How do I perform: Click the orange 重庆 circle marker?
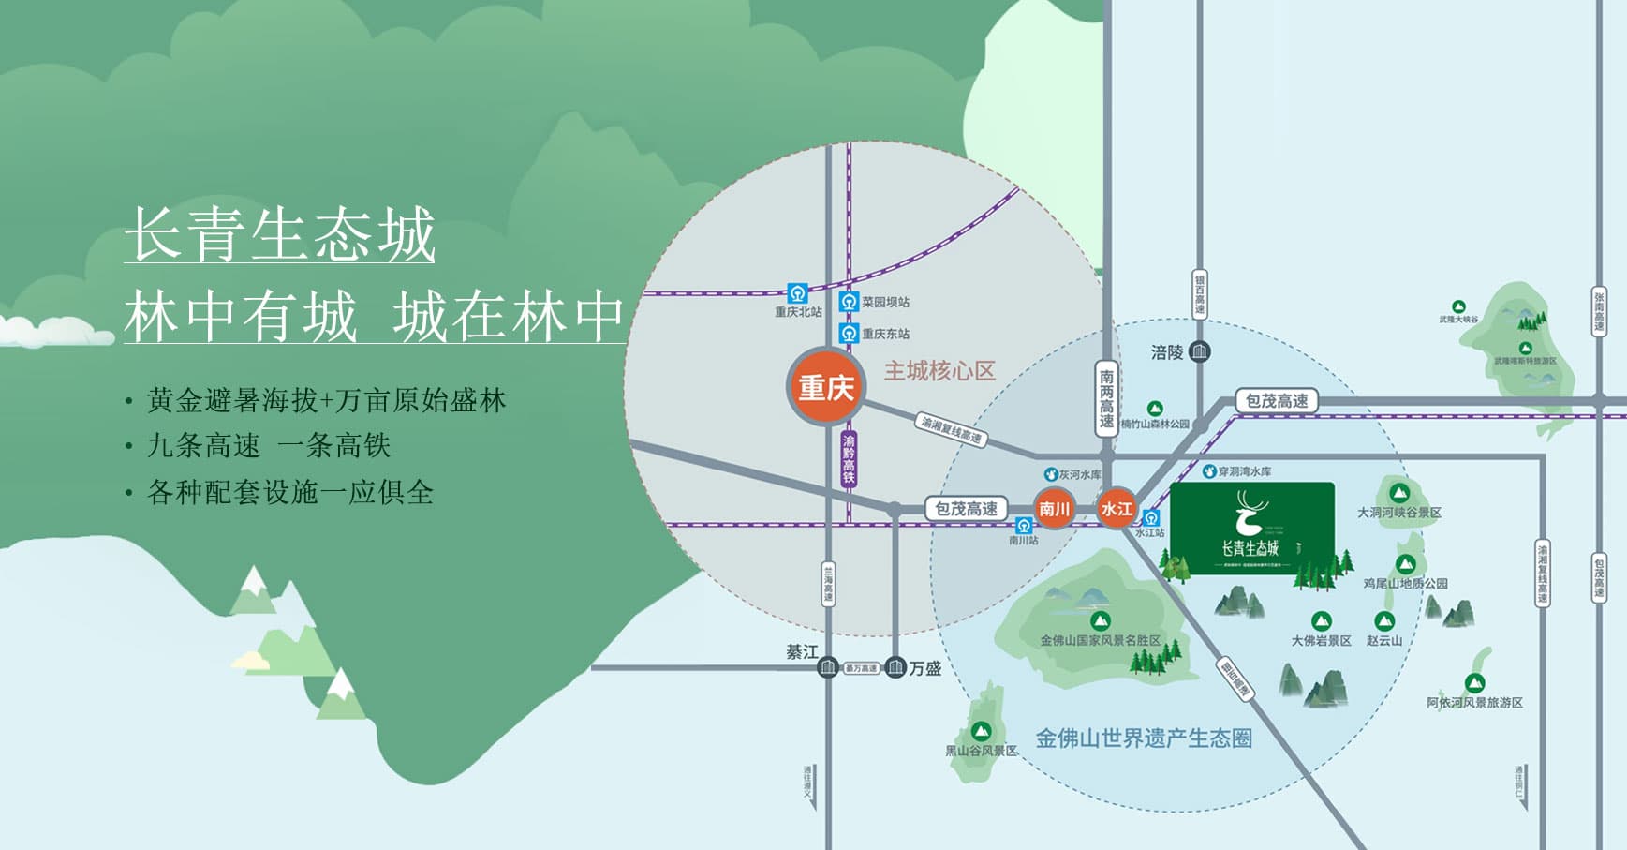pos(825,386)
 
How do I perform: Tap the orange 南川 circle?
pos(1054,509)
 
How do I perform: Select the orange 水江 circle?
pos(1117,509)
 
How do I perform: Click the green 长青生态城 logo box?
pos(1252,529)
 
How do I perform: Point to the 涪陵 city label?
pos(1167,352)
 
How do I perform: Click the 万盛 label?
pos(924,668)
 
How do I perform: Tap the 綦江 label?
pos(802,652)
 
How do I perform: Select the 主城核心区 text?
pos(939,371)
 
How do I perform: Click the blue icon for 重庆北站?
pos(797,293)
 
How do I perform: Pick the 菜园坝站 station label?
pos(885,302)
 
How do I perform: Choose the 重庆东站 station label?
pos(885,334)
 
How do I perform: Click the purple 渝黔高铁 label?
pos(849,458)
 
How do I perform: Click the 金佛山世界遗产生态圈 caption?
pos(1144,738)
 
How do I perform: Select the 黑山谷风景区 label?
pos(981,751)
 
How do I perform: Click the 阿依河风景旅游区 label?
pos(1474,702)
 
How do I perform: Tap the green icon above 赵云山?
pos(1384,620)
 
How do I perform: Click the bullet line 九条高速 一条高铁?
pos(269,446)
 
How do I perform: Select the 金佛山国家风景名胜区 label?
pos(1100,640)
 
